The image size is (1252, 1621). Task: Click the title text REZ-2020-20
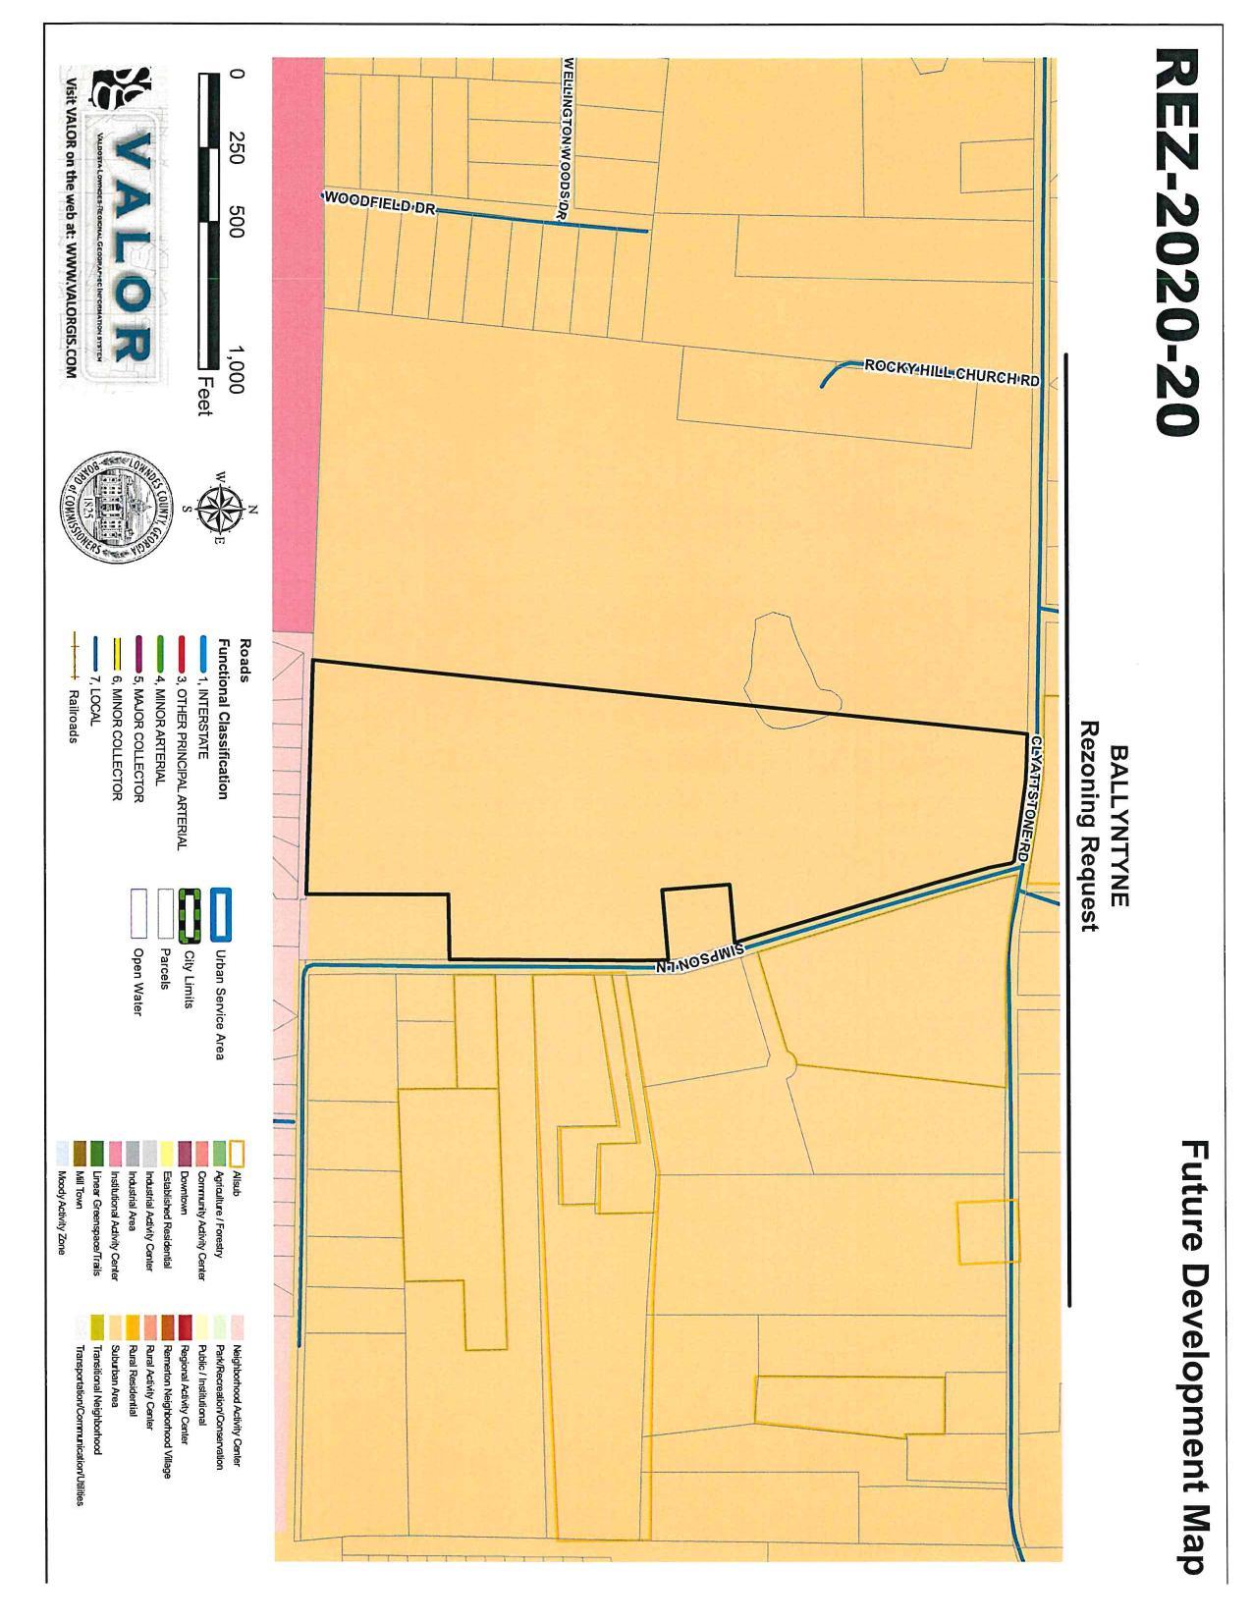pyautogui.click(x=1175, y=241)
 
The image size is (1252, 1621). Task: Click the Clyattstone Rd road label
pyautogui.click(x=1023, y=800)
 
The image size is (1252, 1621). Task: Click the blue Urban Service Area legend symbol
pyautogui.click(x=221, y=912)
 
